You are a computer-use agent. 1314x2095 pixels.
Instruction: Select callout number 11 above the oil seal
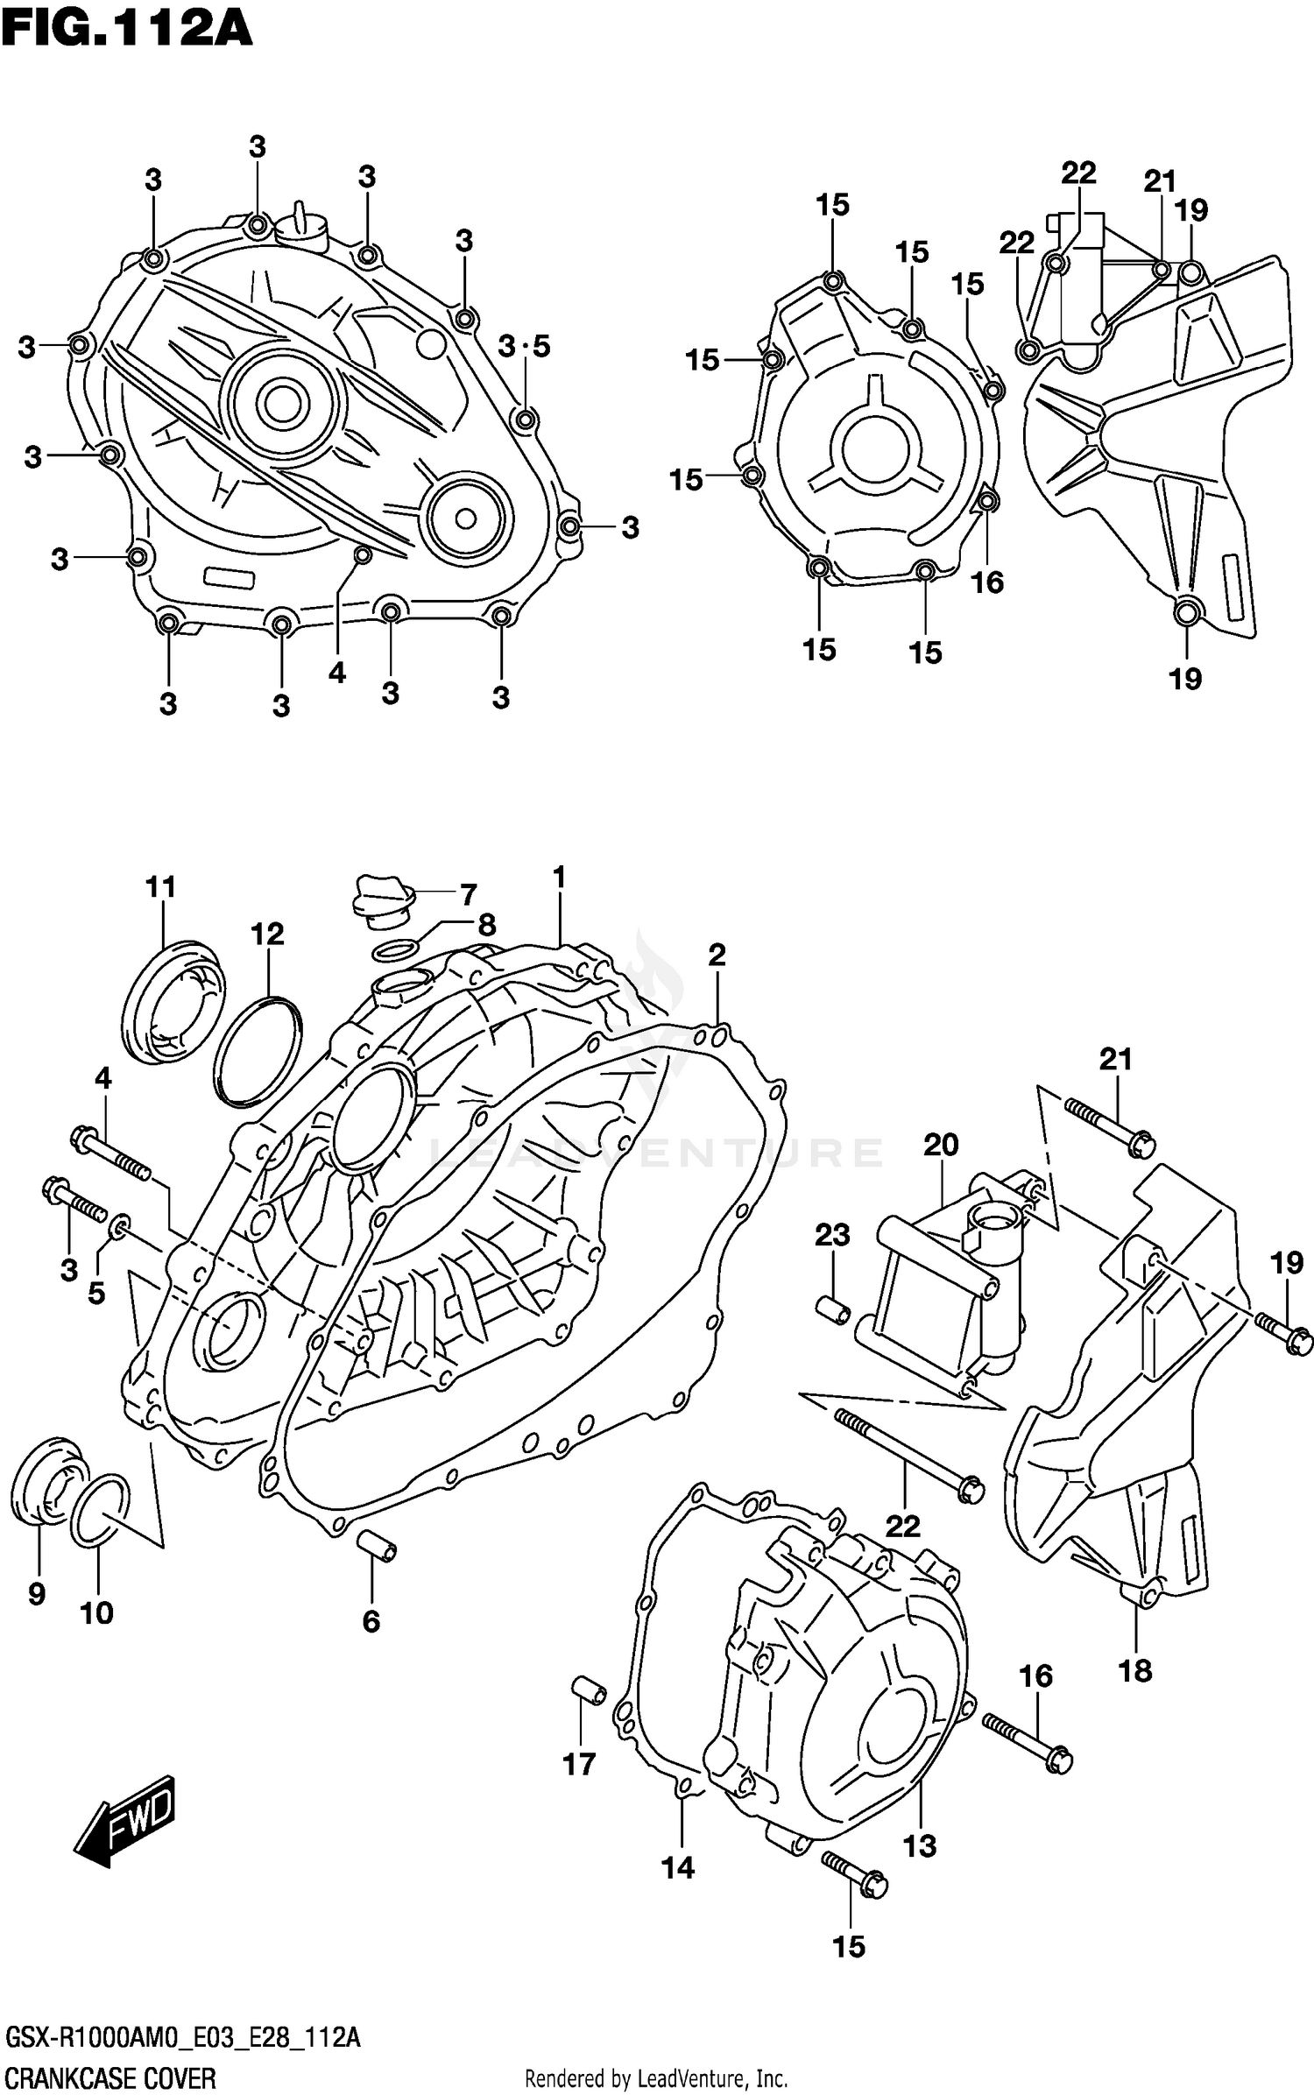[160, 887]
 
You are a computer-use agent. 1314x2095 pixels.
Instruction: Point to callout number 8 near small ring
[486, 925]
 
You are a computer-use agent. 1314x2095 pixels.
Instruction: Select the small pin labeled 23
[833, 1311]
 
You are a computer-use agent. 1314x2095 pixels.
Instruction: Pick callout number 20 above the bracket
[941, 1144]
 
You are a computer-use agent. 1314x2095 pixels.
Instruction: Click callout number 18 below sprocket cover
[1135, 1670]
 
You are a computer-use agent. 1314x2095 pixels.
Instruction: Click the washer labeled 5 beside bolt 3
[120, 1223]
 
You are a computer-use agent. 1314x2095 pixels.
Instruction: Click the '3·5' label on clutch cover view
[524, 347]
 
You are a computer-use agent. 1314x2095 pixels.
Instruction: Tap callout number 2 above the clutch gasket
[717, 955]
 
